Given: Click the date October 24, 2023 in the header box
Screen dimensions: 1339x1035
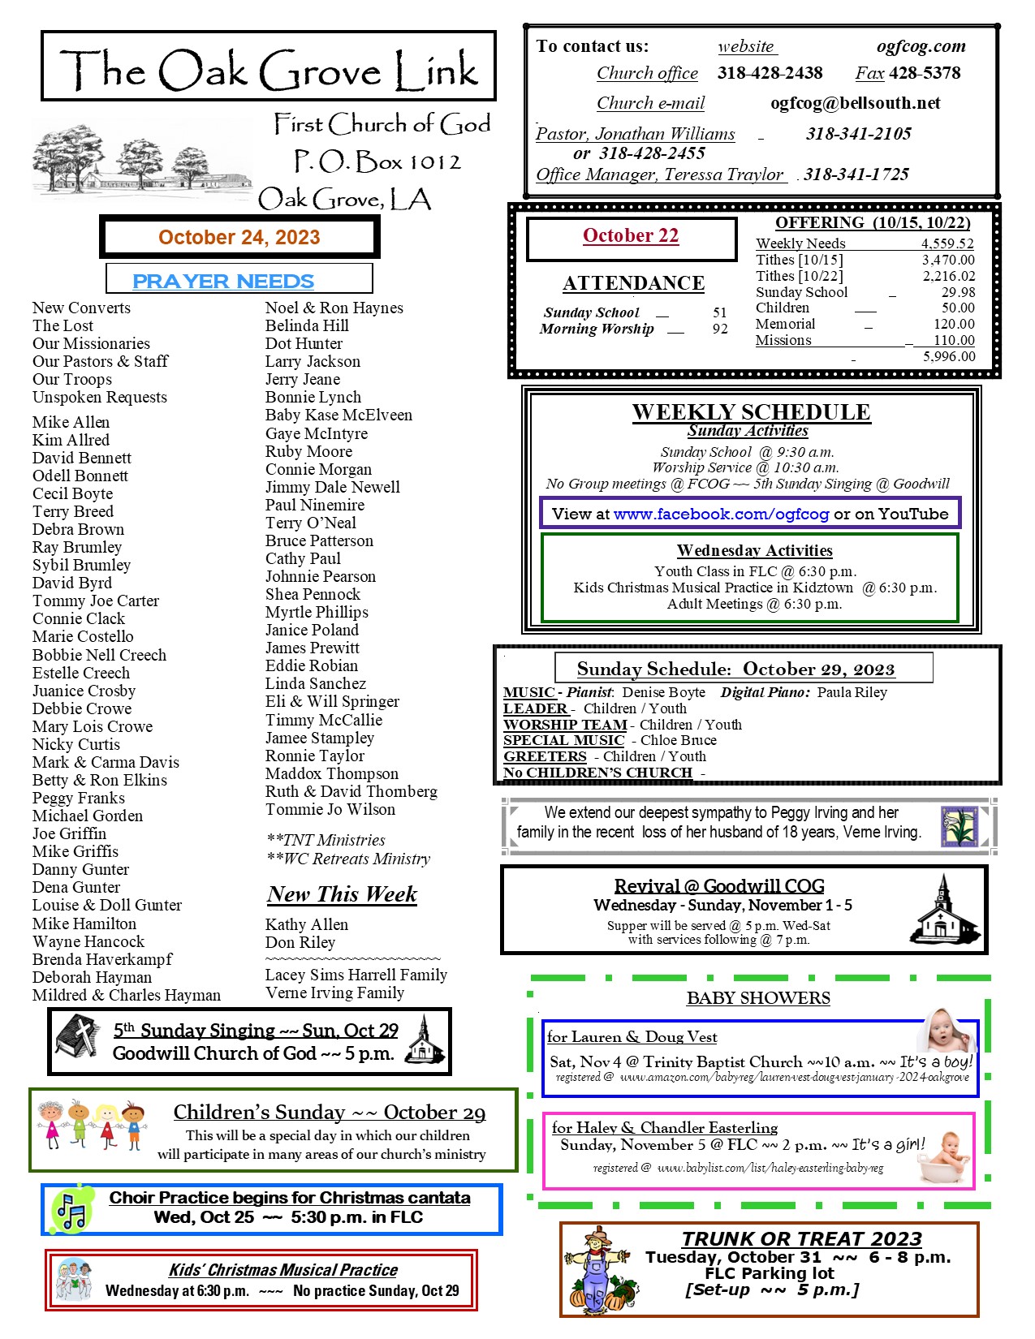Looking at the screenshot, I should click(x=239, y=237).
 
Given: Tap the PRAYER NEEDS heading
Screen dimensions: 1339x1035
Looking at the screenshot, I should click(x=223, y=281).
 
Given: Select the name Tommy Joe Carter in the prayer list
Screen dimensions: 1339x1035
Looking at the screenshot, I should click(x=96, y=601).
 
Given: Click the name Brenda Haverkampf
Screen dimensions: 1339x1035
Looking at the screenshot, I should click(x=102, y=959).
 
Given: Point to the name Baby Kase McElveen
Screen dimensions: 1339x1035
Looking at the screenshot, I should click(x=339, y=415).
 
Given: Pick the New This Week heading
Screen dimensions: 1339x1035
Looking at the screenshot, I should click(x=342, y=893).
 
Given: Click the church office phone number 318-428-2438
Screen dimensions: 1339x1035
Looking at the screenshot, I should click(x=770, y=73).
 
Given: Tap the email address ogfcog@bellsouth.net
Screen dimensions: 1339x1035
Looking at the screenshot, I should click(x=855, y=103).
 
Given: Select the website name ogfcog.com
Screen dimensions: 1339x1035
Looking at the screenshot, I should click(x=921, y=46).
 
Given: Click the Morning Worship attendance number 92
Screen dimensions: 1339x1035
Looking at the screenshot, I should click(x=720, y=329).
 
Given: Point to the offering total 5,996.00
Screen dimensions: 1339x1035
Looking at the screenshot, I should click(x=949, y=356).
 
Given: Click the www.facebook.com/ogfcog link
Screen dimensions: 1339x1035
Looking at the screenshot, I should click(x=721, y=514).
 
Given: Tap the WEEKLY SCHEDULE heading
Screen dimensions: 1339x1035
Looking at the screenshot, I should click(x=751, y=411).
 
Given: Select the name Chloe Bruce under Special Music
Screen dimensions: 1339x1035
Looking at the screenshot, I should click(x=679, y=740).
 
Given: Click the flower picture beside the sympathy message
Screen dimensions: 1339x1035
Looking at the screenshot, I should click(x=960, y=827).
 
